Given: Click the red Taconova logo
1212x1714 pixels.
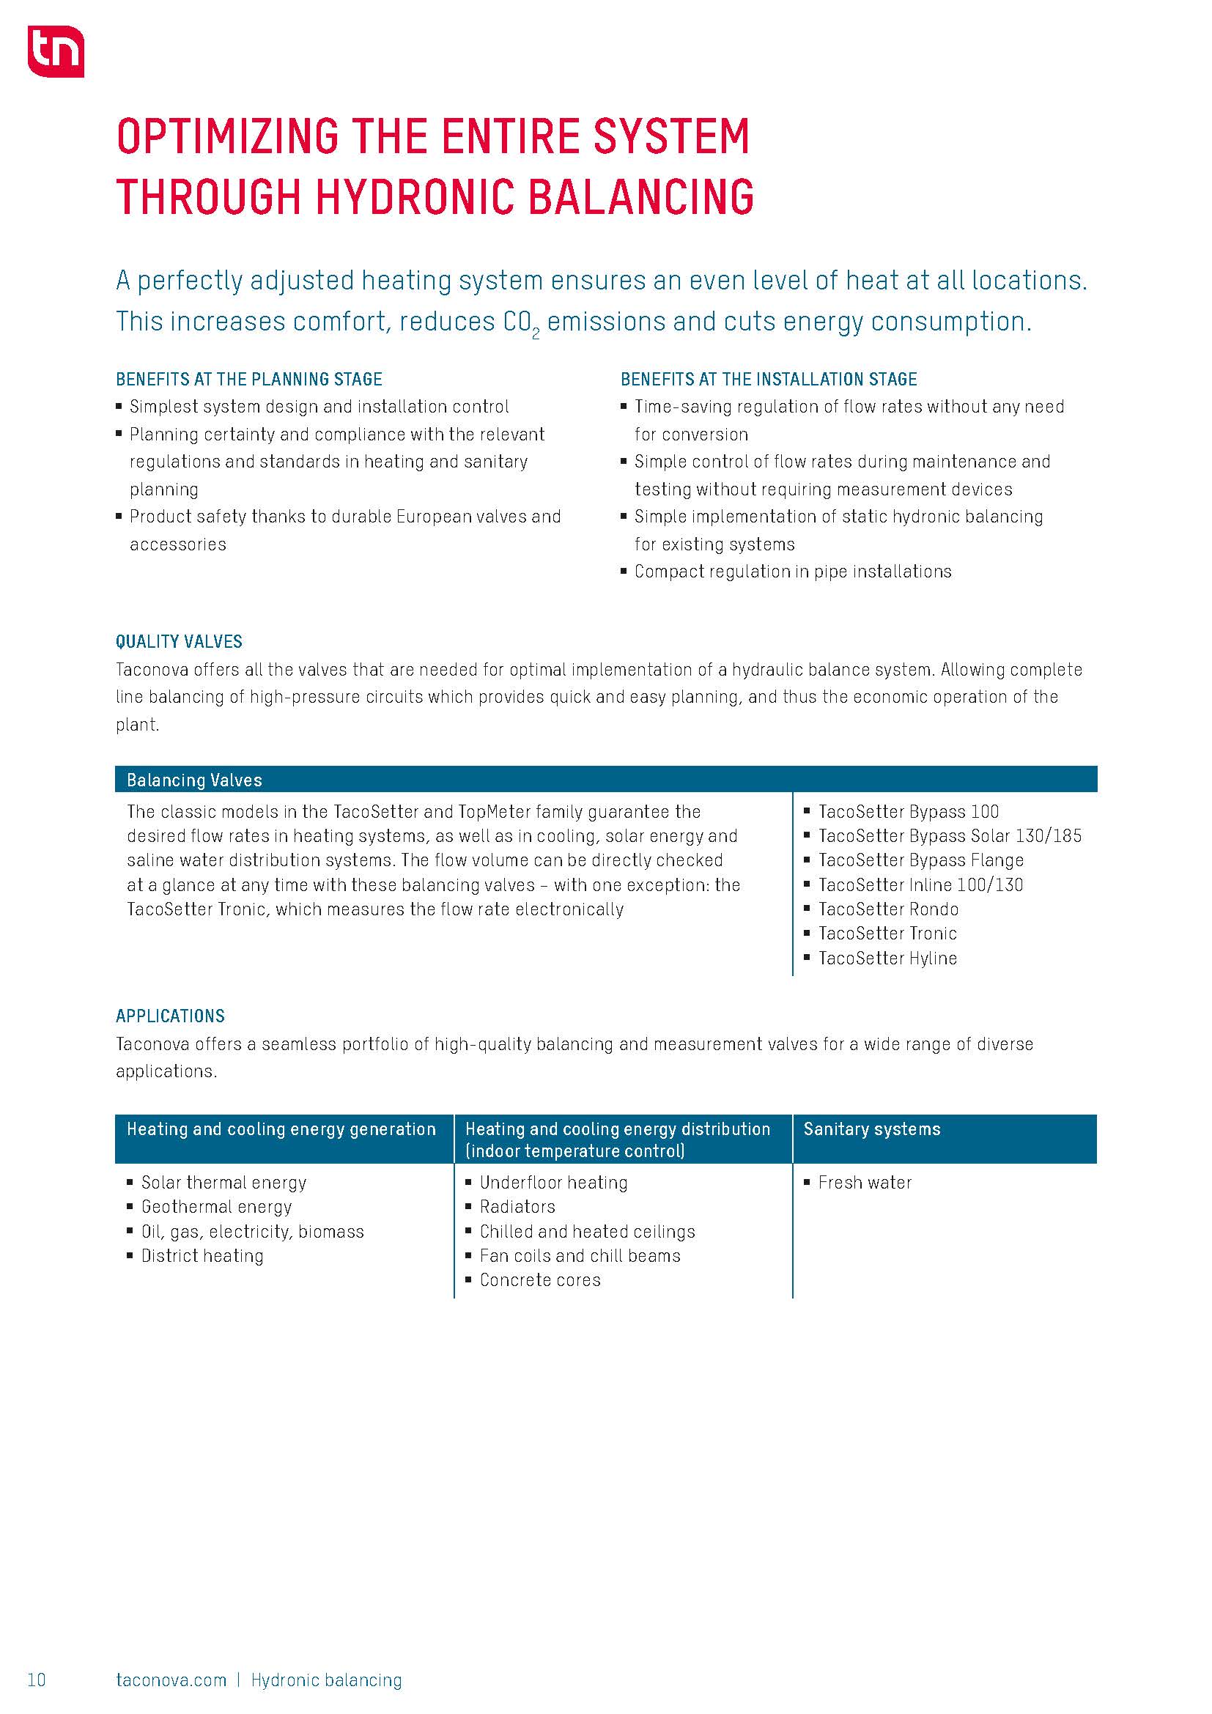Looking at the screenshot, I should coord(55,51).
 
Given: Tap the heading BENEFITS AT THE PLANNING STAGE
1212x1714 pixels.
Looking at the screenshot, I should coord(248,380).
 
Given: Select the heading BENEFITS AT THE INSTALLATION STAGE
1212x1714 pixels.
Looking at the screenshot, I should coord(768,380).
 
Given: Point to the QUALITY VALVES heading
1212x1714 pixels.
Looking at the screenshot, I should coord(179,642).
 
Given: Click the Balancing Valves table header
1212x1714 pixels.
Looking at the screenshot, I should coord(194,780).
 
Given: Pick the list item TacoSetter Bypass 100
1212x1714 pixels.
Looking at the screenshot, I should coord(907,811).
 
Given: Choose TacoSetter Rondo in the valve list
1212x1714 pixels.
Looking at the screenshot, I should coord(888,909).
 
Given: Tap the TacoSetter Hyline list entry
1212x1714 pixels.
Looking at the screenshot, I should coord(887,958).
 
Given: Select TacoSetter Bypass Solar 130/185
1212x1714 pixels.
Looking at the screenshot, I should coord(949,836).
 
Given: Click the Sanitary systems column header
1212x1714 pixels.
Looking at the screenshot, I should coord(872,1128).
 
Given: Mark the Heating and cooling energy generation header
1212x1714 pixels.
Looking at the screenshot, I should coord(281,1128).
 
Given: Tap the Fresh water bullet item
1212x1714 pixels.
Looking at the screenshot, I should coord(864,1183).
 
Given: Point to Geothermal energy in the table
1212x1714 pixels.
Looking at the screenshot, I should coord(216,1207).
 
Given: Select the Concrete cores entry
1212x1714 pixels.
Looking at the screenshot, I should coord(539,1280).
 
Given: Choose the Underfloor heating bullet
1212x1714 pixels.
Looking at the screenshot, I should coord(553,1183).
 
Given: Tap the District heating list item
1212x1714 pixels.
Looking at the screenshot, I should coord(202,1256).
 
